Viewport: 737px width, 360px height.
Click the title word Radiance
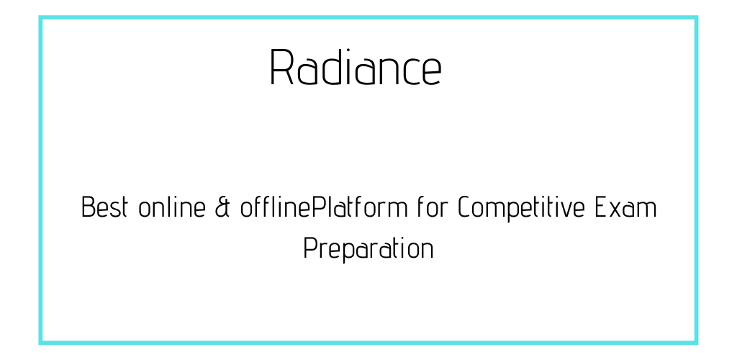pos(356,67)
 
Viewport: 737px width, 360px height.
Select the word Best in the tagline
pos(105,207)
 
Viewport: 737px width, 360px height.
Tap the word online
pos(172,207)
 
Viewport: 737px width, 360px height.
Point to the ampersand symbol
pos(222,207)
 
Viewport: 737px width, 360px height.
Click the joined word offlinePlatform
pos(324,207)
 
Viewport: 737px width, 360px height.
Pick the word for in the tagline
pos(433,207)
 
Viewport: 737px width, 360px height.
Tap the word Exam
pos(625,207)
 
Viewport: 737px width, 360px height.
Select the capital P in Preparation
pos(311,248)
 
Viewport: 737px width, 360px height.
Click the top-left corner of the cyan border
pos(41,18)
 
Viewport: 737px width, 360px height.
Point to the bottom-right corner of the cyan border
pos(696,343)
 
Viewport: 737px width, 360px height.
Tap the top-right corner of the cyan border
pos(696,18)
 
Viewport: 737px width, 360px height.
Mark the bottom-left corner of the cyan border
pos(41,343)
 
